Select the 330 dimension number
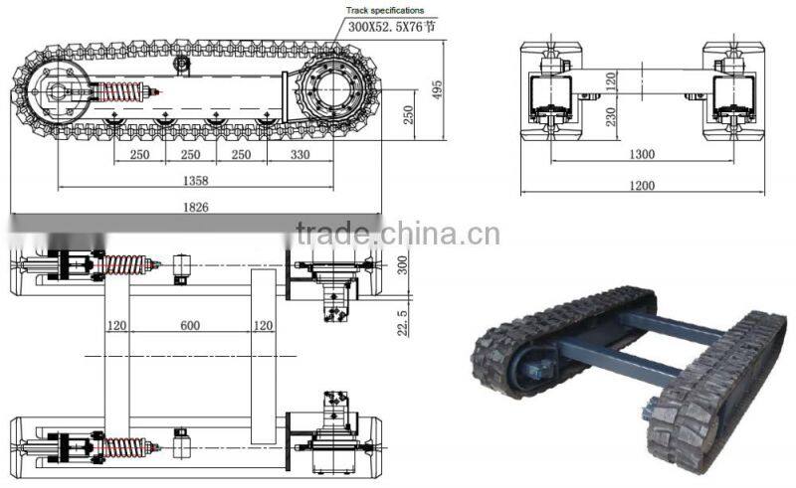click(x=299, y=155)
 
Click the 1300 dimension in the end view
click(x=641, y=154)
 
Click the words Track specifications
click(x=385, y=10)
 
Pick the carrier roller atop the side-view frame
click(x=182, y=64)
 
